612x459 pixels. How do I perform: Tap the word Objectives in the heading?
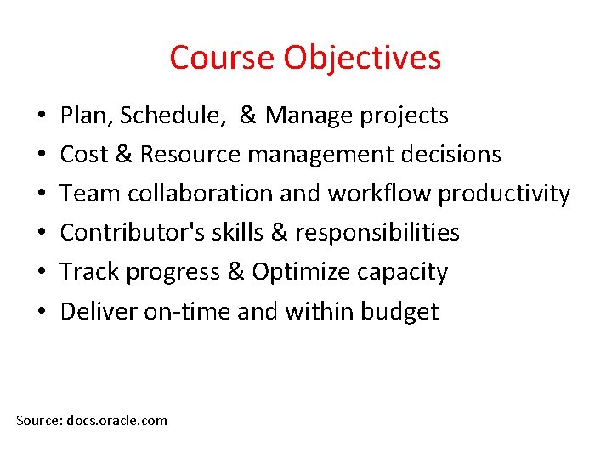[362, 58]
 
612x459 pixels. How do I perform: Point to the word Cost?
[82, 155]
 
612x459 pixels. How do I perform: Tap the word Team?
[86, 194]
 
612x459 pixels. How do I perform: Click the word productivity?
[504, 195]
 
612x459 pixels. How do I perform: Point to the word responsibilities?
[377, 233]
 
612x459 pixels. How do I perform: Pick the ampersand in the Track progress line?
[235, 272]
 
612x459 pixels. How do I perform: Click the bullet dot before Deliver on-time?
[41, 311]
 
